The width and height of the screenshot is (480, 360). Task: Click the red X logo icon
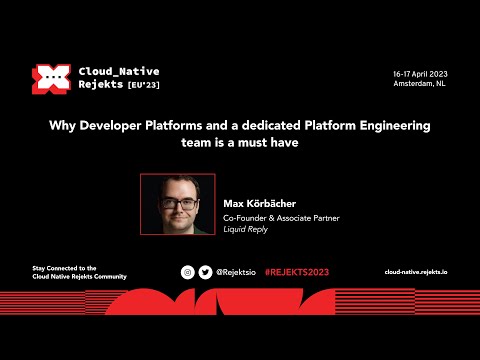click(x=49, y=79)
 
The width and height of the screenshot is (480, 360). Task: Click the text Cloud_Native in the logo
click(x=118, y=72)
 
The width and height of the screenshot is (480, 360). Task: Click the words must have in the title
click(x=274, y=143)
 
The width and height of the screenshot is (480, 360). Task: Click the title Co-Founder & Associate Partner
click(x=279, y=217)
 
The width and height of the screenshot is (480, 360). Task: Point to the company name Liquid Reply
click(x=246, y=228)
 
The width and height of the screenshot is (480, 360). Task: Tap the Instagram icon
click(x=187, y=272)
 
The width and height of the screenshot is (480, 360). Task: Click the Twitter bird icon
click(x=205, y=272)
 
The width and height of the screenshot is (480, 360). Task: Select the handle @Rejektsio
click(x=236, y=272)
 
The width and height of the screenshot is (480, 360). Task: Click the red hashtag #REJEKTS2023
click(x=296, y=272)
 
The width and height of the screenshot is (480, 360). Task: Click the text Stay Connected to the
click(x=64, y=268)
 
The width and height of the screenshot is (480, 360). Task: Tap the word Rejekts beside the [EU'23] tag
click(x=101, y=86)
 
